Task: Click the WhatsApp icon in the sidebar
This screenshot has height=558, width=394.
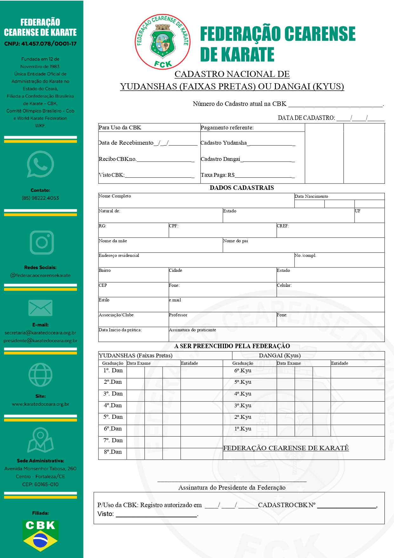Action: click(x=40, y=164)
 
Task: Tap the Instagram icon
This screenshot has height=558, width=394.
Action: click(x=42, y=243)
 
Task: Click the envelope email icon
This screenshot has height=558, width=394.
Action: click(x=40, y=308)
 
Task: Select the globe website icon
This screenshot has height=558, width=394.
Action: click(x=40, y=375)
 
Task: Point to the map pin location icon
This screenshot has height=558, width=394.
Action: click(x=40, y=440)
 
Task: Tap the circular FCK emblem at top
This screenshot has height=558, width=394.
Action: click(x=163, y=42)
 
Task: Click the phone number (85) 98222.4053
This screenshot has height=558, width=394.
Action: click(x=40, y=198)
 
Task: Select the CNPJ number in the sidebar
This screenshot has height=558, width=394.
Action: click(x=40, y=44)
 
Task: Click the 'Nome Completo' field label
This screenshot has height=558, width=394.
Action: click(x=115, y=196)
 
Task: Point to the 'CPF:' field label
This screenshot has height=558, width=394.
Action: click(x=174, y=226)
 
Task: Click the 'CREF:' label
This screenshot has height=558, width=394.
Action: click(x=283, y=226)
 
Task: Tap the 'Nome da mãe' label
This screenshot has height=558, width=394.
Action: click(x=113, y=241)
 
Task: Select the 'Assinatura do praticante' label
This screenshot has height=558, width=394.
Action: click(x=192, y=330)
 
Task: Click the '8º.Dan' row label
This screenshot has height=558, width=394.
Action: click(x=113, y=452)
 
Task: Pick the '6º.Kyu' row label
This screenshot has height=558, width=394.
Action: click(x=243, y=371)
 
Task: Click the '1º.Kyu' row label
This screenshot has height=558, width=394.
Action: click(x=243, y=429)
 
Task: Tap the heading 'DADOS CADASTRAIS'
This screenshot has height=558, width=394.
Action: click(x=242, y=188)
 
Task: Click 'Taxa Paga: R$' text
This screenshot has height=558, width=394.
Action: click(x=218, y=175)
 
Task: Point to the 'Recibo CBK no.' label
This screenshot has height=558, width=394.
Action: click(x=117, y=159)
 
